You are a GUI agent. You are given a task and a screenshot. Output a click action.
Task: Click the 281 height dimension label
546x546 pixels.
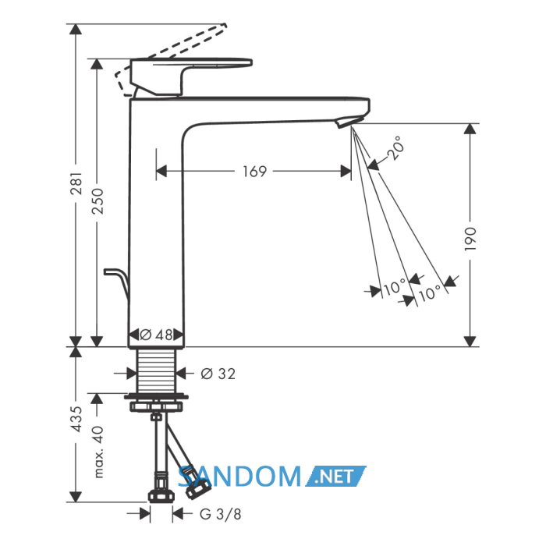pyautogui.click(x=76, y=183)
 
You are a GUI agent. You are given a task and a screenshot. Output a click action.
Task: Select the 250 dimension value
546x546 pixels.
pyautogui.click(x=97, y=201)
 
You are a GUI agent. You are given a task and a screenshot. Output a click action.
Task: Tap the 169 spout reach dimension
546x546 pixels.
pyautogui.click(x=254, y=172)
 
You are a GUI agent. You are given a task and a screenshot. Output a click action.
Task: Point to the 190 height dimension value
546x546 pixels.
pyautogui.click(x=470, y=239)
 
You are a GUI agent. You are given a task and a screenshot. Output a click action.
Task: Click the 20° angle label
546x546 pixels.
pyautogui.click(x=395, y=148)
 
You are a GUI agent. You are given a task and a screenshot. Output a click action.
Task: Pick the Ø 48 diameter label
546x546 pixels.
pyautogui.click(x=156, y=335)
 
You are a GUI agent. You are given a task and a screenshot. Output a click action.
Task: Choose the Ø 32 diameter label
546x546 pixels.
pyautogui.click(x=218, y=374)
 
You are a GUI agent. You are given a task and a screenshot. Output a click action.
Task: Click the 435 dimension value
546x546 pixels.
pyautogui.click(x=76, y=419)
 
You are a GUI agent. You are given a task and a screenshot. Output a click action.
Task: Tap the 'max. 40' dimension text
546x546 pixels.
pyautogui.click(x=98, y=452)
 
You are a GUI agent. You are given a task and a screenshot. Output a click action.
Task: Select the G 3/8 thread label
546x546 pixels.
pyautogui.click(x=221, y=514)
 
